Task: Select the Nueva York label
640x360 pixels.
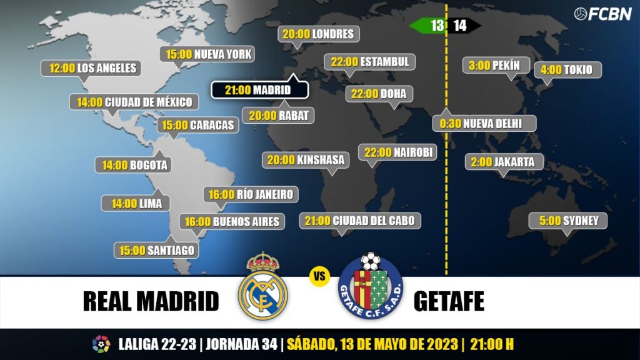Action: pos(209,54)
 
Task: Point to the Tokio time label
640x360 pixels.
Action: pos(567,69)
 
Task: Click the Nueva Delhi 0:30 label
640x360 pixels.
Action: pos(484,123)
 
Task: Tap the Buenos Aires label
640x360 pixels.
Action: pos(232,221)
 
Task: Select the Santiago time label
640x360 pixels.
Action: pos(157,251)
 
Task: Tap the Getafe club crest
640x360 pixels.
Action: pos(371,287)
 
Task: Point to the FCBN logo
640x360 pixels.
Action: pos(602,14)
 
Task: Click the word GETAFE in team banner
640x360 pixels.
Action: pos(449,301)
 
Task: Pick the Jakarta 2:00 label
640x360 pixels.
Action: pos(504,162)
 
